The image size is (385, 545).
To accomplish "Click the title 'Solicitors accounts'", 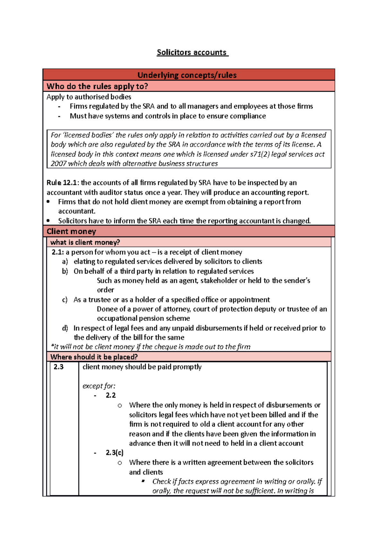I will click(192, 52).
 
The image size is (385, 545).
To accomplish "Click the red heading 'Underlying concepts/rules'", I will click(187, 75).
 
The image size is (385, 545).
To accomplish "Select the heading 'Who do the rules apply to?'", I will click(97, 86).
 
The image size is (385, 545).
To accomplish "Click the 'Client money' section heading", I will click(71, 231).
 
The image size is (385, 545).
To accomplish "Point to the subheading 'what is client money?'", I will click(85, 242).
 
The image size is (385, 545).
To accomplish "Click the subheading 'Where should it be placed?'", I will click(94, 357).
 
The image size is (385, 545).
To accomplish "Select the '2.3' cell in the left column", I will click(59, 367).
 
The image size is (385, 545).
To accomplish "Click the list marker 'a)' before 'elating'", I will click(65, 262).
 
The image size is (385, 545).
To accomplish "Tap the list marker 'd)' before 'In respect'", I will click(65, 328).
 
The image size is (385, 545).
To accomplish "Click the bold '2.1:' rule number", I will click(58, 252).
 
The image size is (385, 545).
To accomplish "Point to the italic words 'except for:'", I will click(99, 386).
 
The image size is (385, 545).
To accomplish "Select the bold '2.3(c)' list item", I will click(115, 453).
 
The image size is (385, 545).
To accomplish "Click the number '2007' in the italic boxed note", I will click(58, 164).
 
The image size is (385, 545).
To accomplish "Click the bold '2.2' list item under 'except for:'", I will click(111, 395).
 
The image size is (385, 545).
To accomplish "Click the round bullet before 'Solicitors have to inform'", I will click(48, 221).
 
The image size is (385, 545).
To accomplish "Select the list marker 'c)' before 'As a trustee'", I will click(65, 300).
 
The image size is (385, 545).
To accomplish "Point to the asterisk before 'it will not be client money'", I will click(52, 346).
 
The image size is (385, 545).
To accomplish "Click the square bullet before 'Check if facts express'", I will click(143, 481).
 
